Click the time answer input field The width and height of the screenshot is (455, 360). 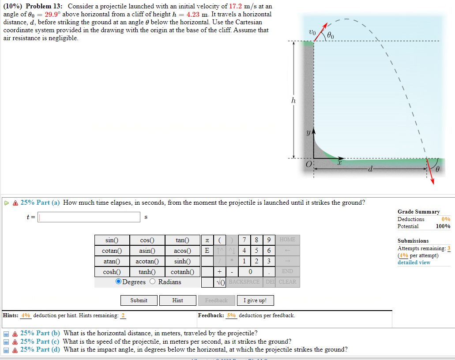click(89, 217)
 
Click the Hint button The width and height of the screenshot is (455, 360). click(177, 300)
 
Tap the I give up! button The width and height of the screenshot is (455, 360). click(255, 300)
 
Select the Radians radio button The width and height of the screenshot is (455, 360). click(153, 282)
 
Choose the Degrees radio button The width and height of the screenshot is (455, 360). click(118, 282)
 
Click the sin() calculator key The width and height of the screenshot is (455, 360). click(112, 240)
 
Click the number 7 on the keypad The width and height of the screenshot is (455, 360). click(244, 240)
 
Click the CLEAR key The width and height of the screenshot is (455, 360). click(287, 282)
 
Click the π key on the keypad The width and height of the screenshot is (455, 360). click(207, 240)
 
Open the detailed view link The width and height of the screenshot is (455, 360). click(414, 262)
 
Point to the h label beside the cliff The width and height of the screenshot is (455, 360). click(293, 101)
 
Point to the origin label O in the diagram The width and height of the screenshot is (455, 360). click(309, 165)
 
